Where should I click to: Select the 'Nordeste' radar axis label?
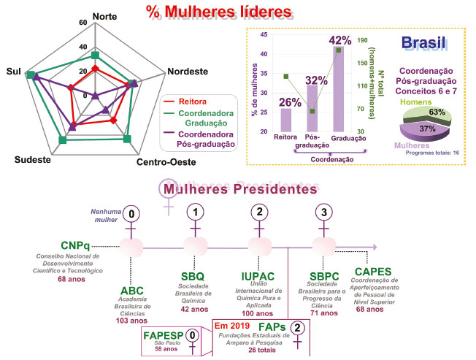[187, 72]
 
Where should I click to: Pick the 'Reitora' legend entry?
[190, 101]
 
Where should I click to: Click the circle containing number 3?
[320, 212]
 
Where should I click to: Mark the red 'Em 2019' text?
[234, 325]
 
